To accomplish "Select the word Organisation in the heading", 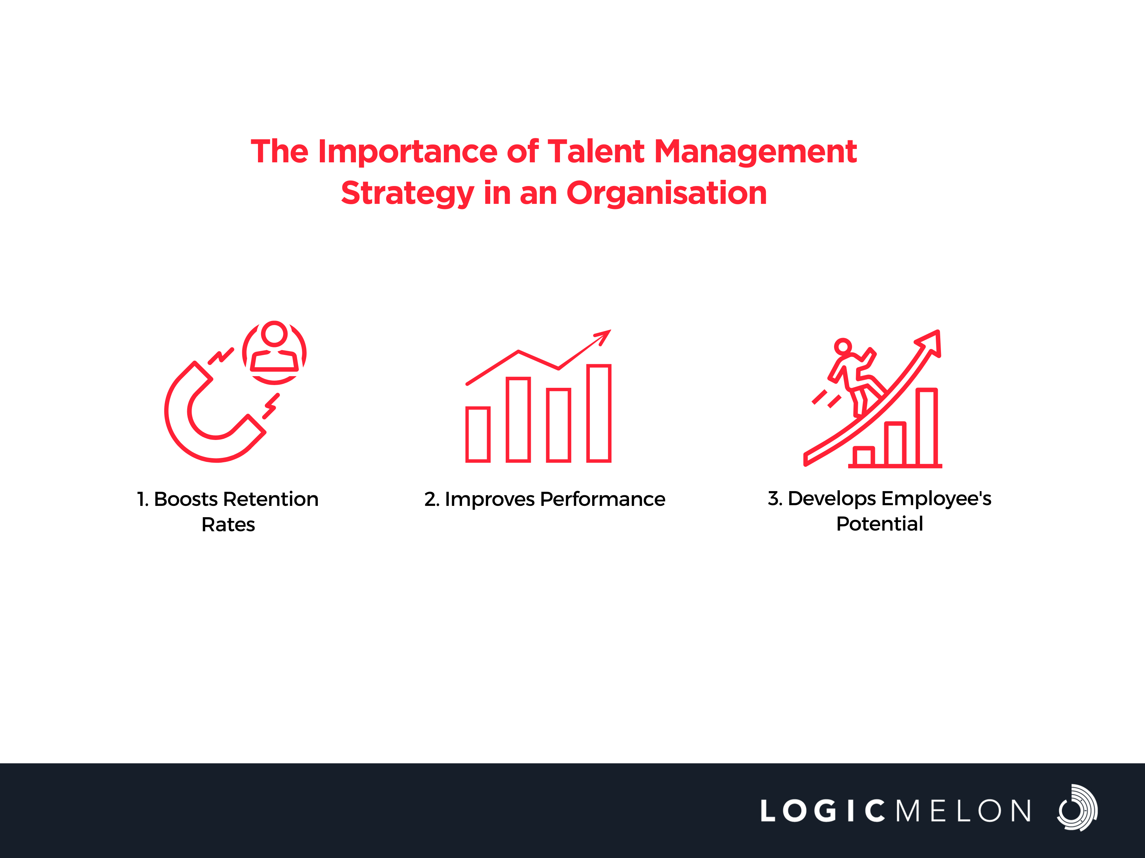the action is tap(667, 194).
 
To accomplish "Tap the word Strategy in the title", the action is tap(407, 194).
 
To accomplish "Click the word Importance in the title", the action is tap(407, 152).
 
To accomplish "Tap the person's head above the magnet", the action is tap(274, 334).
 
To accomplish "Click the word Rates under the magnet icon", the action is tap(228, 524).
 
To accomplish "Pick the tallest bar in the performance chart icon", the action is tap(599, 413).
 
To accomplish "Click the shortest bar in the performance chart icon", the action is tap(478, 434).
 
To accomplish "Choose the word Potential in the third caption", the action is tap(879, 524).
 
